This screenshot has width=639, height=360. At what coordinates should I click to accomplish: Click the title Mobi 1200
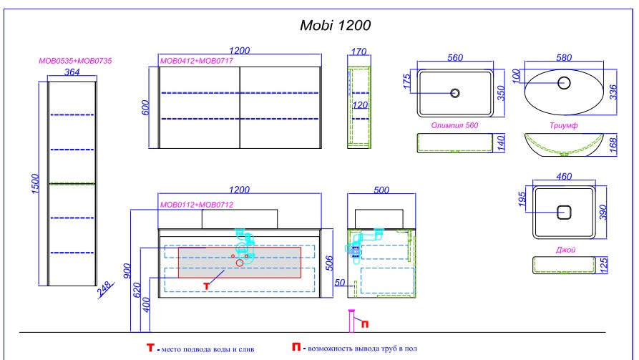click(x=335, y=25)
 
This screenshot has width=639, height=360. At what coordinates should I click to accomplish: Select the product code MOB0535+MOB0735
click(x=75, y=61)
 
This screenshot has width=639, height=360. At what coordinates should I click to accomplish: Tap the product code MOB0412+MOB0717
click(x=197, y=61)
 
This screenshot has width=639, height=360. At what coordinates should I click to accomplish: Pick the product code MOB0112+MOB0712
click(x=197, y=205)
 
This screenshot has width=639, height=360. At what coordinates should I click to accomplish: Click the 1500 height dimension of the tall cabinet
click(x=36, y=184)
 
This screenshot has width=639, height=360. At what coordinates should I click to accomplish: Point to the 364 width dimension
click(x=72, y=72)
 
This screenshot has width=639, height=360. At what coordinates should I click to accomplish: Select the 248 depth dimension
click(x=104, y=288)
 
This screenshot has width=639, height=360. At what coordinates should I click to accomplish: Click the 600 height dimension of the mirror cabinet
click(x=146, y=107)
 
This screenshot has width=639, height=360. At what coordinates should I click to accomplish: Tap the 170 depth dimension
click(x=358, y=52)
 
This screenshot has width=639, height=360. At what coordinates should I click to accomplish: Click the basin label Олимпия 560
click(x=455, y=125)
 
